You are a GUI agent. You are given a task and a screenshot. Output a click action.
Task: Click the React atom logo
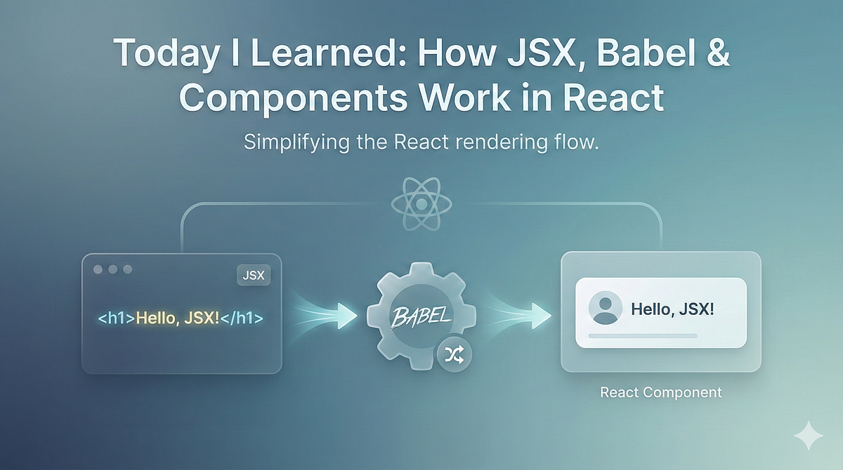(x=421, y=204)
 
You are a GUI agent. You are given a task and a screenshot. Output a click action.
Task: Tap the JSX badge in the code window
(x=254, y=276)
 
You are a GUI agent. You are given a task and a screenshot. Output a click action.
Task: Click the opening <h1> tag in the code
(x=117, y=318)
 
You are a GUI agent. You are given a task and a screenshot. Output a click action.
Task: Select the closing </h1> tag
(x=242, y=318)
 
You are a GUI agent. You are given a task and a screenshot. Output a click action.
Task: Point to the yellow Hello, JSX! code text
(x=177, y=318)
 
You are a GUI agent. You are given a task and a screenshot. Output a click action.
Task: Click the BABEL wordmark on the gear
(x=420, y=316)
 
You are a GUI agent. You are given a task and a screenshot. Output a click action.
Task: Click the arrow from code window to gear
(x=325, y=316)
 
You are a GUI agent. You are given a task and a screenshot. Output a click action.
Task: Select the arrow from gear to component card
(x=518, y=316)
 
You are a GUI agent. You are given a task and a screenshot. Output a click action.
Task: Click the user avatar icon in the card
(x=605, y=308)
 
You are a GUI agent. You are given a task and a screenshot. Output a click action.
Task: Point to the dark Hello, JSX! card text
(x=672, y=309)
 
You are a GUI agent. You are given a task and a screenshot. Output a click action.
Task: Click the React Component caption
(x=661, y=392)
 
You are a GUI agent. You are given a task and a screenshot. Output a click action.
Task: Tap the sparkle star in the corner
(x=809, y=436)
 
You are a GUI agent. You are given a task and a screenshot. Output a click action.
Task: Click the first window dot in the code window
(x=98, y=269)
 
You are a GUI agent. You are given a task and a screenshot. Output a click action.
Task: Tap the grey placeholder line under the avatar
(x=643, y=336)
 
